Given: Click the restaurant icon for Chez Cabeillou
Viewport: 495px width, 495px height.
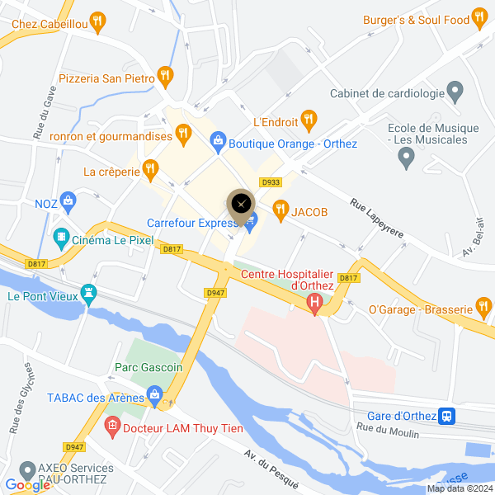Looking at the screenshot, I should coord(99,20).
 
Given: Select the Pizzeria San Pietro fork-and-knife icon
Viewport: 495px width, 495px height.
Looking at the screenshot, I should coord(166,76).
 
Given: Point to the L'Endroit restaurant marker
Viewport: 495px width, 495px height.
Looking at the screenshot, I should coord(309,120).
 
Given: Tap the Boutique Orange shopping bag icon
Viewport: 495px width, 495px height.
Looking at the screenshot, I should coord(217,142).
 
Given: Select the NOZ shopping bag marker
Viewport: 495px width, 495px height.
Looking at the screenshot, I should coord(68,200).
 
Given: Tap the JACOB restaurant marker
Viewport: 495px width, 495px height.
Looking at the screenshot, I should coord(280,210).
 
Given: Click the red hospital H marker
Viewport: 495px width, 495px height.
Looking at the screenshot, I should coord(313,305).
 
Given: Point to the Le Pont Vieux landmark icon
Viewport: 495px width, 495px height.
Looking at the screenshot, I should coord(89,293).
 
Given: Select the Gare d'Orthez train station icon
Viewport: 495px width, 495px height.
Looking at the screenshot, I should coord(446,416).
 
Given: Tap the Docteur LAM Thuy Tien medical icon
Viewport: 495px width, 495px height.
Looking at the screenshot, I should coord(112,428).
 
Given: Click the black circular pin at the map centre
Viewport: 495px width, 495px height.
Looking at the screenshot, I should coord(241,204).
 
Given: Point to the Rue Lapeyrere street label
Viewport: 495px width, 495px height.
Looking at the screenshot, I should coord(377,218).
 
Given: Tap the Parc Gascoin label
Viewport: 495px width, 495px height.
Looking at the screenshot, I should coord(148,366).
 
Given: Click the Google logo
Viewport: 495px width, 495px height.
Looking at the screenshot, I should coord(27,485).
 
